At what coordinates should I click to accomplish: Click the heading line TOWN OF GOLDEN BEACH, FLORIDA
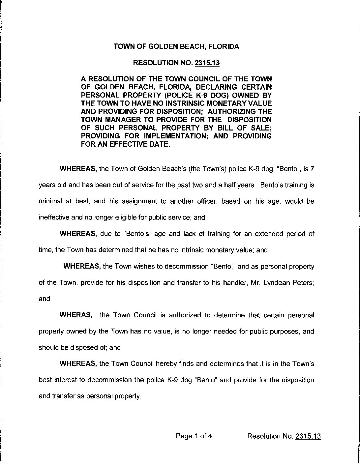(176, 46)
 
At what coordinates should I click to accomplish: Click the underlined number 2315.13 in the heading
(207, 63)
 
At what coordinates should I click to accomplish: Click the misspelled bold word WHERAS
(75, 315)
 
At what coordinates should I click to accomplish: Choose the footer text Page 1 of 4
(194, 436)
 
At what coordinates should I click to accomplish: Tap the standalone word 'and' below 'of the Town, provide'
(45, 299)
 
